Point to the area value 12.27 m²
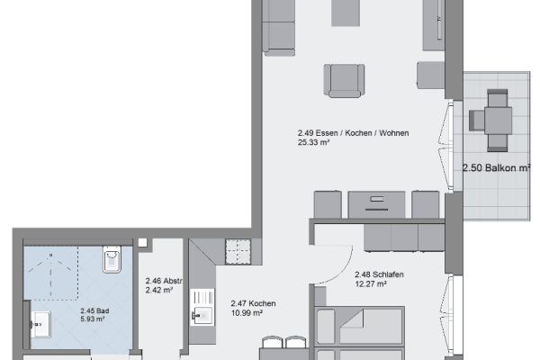click(x=370, y=284)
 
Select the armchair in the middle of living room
click(x=345, y=79)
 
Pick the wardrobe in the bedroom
click(x=404, y=237)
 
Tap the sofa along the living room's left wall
click(x=280, y=27)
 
